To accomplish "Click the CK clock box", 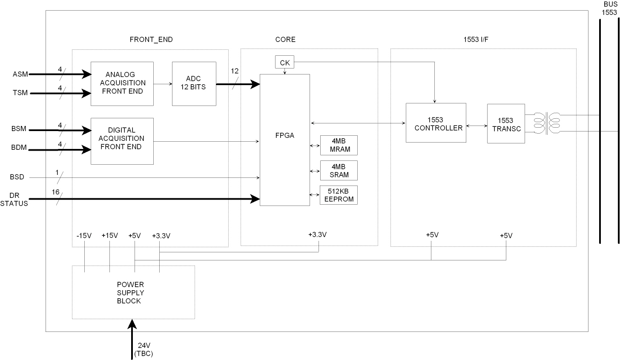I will coord(285,63).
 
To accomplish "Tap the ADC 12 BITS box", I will coord(194,83).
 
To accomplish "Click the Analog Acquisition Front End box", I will coord(122,83).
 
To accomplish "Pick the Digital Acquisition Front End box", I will coord(122,141).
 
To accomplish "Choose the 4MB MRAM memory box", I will coord(339,146).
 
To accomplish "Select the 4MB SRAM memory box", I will coord(339,171).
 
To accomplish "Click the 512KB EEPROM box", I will coord(339,195).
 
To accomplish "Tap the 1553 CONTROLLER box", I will coord(436,124).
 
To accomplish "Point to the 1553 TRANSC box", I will coord(506,124).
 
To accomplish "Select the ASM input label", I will coord(20,74).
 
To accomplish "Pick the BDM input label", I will coord(19,148).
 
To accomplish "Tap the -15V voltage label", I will coord(84,235).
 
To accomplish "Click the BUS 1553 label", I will coord(609,9).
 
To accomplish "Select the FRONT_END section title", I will coord(151,40).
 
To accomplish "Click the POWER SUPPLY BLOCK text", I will coord(130,293).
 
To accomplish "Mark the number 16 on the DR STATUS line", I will coord(56,192).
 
